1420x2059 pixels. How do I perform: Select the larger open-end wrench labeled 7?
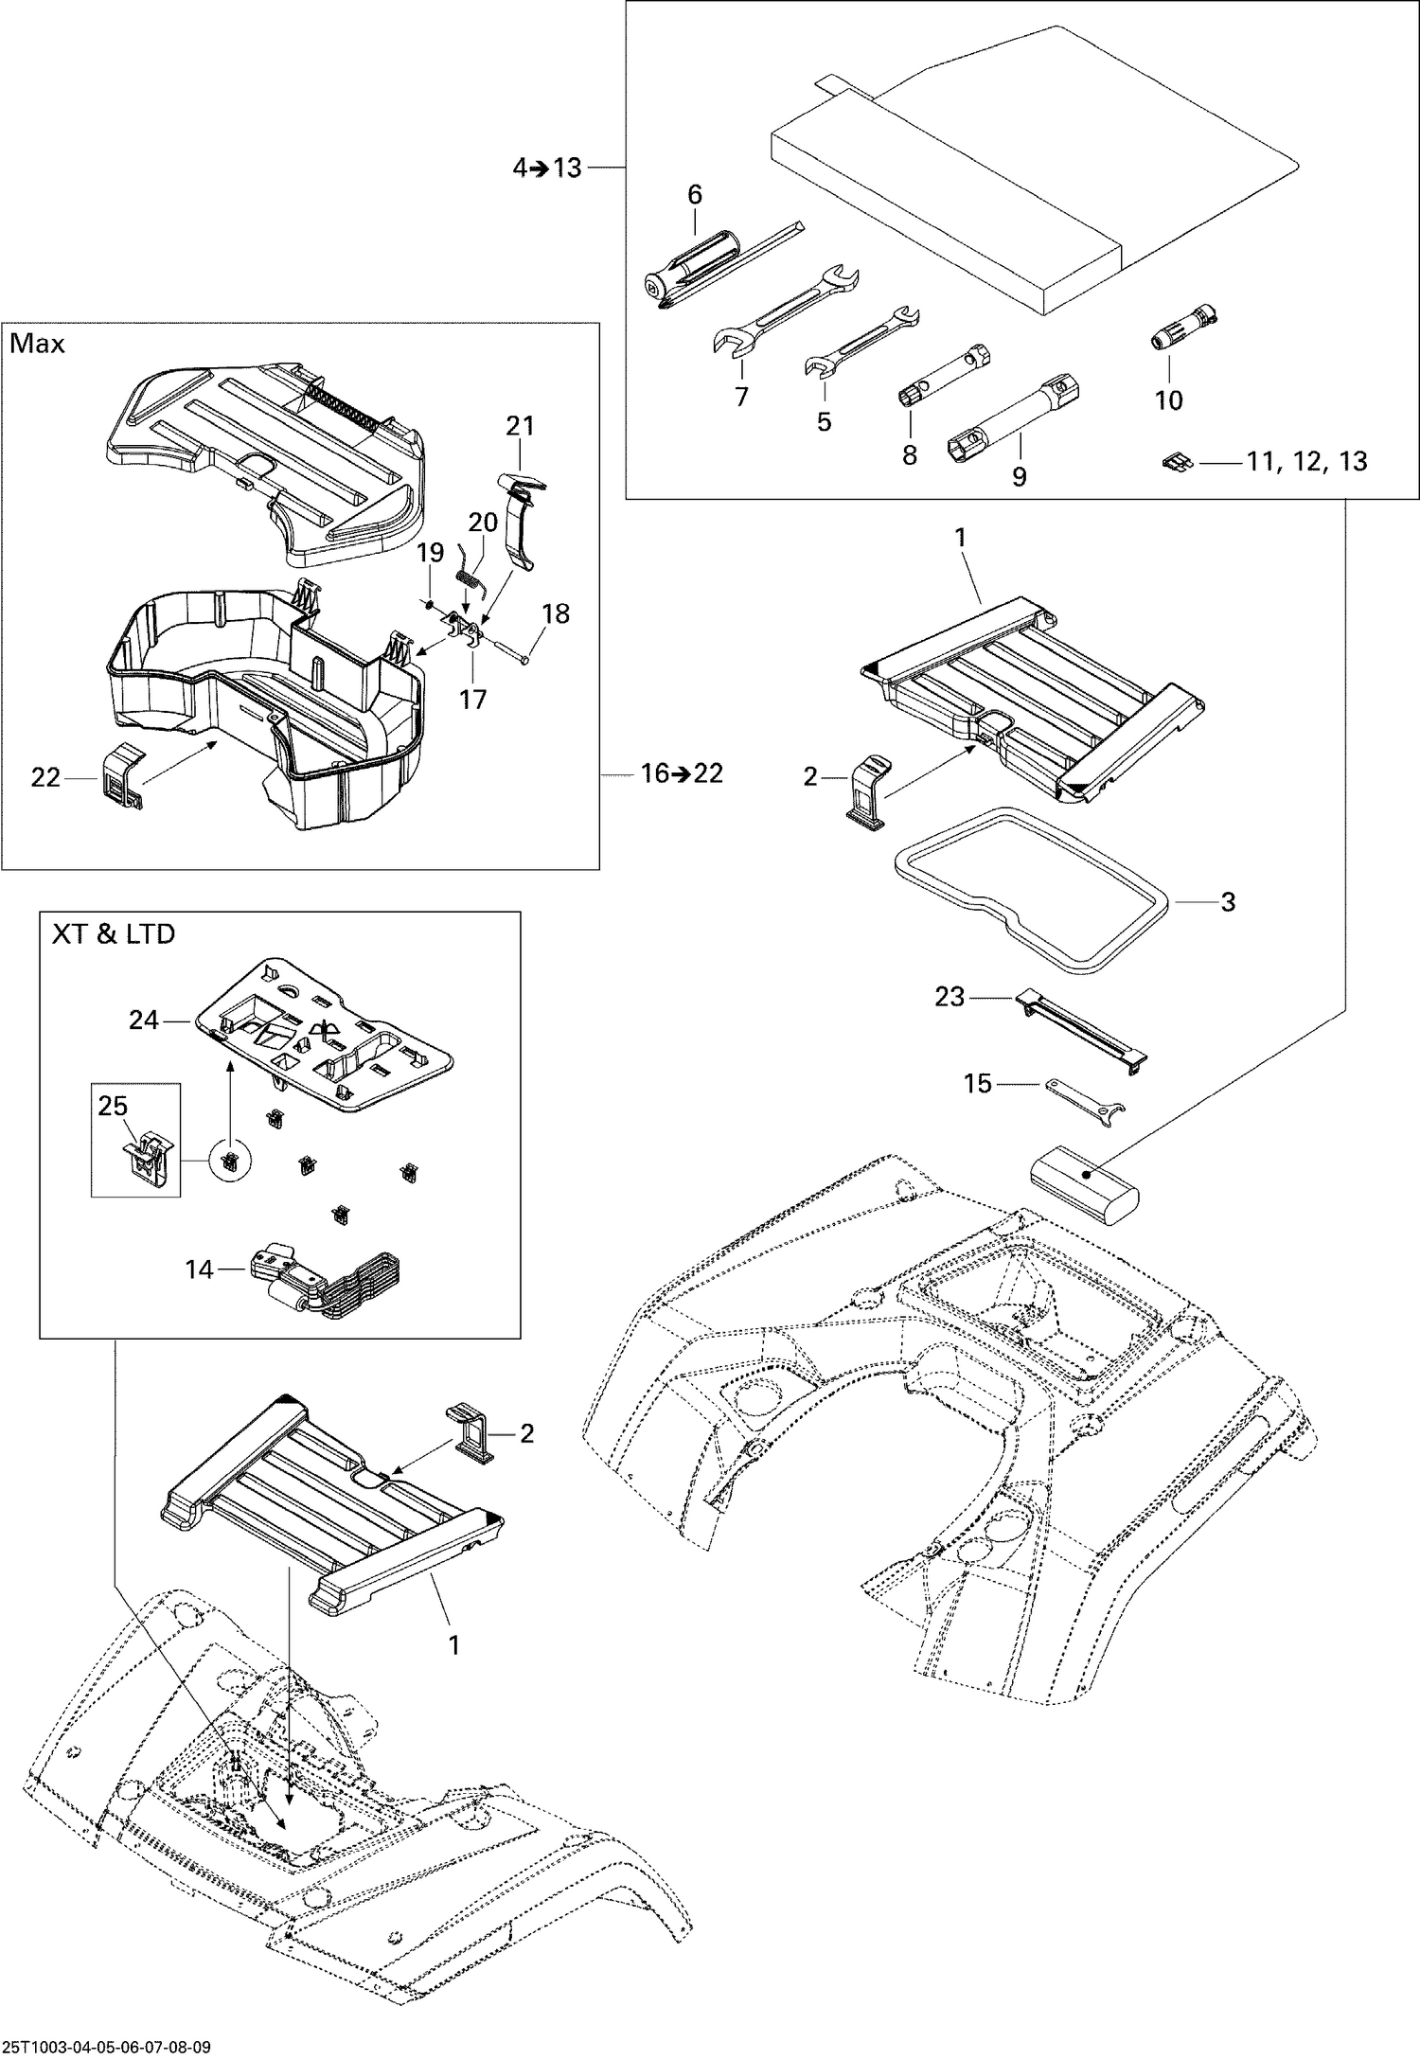[x=785, y=312]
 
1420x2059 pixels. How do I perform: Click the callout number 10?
[x=1169, y=400]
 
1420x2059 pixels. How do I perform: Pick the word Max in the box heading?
[x=38, y=344]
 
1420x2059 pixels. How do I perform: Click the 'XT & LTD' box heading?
[x=113, y=934]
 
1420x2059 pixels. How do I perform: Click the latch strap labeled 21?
[x=521, y=521]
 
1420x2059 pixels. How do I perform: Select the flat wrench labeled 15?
[x=1085, y=1097]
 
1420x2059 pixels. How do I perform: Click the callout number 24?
[x=144, y=1020]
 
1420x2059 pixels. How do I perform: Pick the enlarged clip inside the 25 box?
[x=140, y=1157]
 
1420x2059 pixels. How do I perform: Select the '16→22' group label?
[x=681, y=773]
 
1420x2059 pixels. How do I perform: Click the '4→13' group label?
[x=546, y=169]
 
